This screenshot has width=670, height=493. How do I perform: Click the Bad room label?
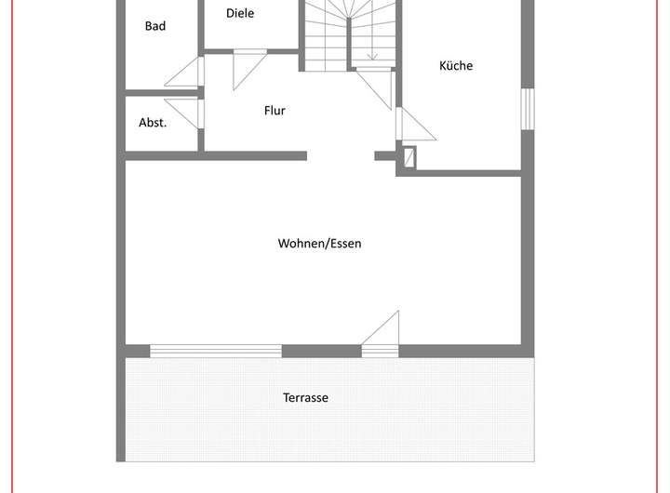click(x=155, y=26)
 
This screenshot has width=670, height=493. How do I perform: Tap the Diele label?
click(x=240, y=14)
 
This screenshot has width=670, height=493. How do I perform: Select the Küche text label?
click(x=456, y=66)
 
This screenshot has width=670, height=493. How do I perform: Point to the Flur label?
click(x=275, y=111)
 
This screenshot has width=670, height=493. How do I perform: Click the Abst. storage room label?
click(x=153, y=123)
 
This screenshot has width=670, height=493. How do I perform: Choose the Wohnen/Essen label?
click(x=319, y=244)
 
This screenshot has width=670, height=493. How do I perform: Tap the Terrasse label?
click(x=306, y=398)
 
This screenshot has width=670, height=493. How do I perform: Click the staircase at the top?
click(x=349, y=33)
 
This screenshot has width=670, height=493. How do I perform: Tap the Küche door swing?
click(x=413, y=125)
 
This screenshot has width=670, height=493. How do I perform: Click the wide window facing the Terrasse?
click(x=216, y=351)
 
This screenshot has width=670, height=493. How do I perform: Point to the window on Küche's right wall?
click(x=527, y=109)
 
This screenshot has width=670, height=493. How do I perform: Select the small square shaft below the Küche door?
click(x=409, y=159)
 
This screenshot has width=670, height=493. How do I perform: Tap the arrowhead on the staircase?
click(x=371, y=56)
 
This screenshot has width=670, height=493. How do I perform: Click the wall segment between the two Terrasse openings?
click(x=321, y=351)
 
